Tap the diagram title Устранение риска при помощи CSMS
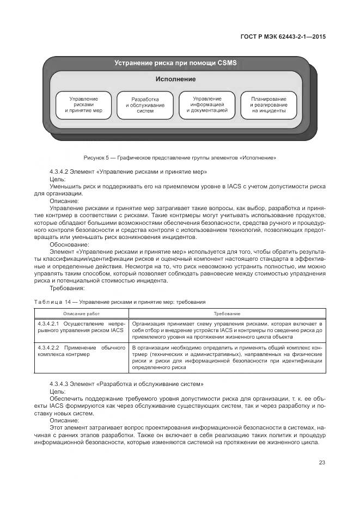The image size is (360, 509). click(x=175, y=63)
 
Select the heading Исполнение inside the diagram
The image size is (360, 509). click(x=175, y=79)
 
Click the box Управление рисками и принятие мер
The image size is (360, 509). click(x=83, y=105)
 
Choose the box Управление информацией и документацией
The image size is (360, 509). click(x=206, y=105)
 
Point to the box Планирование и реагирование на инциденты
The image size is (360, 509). click(x=269, y=105)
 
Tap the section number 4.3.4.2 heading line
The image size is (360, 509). click(x=128, y=172)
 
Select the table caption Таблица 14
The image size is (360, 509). click(x=119, y=301)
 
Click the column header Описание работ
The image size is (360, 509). click(x=82, y=314)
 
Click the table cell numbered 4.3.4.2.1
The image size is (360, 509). click(x=81, y=327)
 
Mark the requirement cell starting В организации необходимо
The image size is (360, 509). click(x=228, y=357)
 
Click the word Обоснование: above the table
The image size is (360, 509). click(x=68, y=244)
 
